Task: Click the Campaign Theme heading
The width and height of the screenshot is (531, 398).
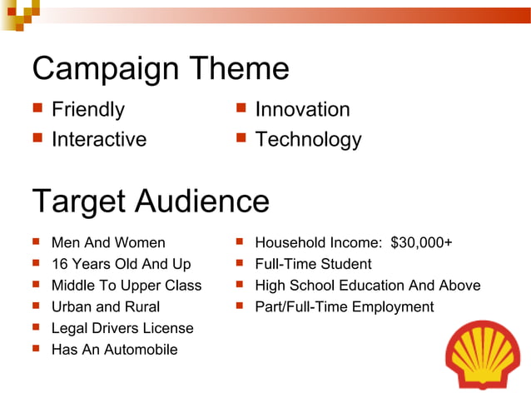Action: [160, 68]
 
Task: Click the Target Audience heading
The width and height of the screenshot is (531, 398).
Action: [150, 201]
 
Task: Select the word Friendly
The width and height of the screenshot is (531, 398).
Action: [88, 110]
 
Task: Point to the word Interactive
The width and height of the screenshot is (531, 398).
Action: [99, 139]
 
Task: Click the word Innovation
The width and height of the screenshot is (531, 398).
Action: [302, 110]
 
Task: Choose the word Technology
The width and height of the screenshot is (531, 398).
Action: [308, 139]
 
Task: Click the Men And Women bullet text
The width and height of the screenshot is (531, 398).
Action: [108, 243]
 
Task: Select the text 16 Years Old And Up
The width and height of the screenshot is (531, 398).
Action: [121, 265]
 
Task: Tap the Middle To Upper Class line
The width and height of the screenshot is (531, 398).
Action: [127, 286]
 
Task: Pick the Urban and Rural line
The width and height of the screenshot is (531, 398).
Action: [106, 307]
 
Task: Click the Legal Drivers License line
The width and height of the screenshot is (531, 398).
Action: [122, 329]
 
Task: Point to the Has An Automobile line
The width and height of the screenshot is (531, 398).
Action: [114, 350]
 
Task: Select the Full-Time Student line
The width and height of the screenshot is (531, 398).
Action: [313, 265]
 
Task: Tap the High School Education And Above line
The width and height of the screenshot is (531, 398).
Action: [367, 286]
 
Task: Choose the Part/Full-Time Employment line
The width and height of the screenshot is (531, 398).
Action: [344, 307]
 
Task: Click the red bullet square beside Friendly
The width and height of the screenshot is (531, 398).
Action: [37, 108]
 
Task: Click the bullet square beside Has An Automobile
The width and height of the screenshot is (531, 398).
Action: [37, 349]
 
